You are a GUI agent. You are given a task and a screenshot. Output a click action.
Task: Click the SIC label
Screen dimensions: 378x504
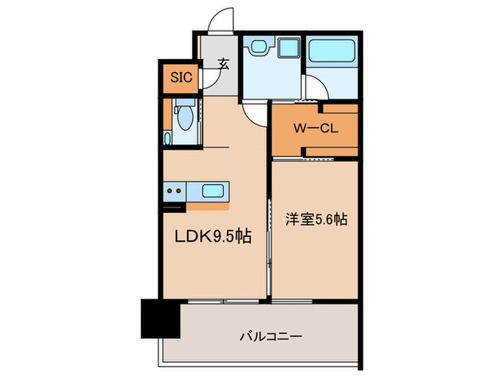181,78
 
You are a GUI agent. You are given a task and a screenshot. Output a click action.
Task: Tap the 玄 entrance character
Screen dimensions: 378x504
223,65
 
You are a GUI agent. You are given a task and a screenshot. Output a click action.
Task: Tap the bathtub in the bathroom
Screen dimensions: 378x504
332,51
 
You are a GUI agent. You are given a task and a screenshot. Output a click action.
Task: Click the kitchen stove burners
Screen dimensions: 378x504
174,192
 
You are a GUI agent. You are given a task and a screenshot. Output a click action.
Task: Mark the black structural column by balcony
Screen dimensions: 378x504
159,319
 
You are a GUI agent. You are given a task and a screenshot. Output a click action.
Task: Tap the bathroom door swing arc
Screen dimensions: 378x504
318,89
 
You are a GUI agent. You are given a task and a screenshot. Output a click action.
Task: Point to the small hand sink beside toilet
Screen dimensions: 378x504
168,137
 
